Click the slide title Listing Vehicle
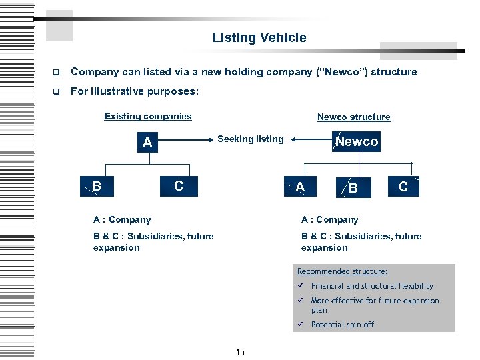pyautogui.click(x=259, y=38)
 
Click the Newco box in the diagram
pyautogui.click(x=356, y=141)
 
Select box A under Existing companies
pyautogui.click(x=147, y=142)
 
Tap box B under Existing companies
pyautogui.click(x=97, y=186)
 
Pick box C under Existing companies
pyautogui.click(x=178, y=186)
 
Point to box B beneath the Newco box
pyautogui.click(x=353, y=188)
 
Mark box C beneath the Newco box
pyautogui.click(x=403, y=187)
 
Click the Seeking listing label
pyautogui.click(x=251, y=139)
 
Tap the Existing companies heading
pyautogui.click(x=148, y=116)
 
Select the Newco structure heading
pyautogui.click(x=353, y=117)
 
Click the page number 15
pyautogui.click(x=240, y=352)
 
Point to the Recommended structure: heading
pyautogui.click(x=343, y=271)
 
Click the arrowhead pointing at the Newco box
pyautogui.click(x=295, y=139)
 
